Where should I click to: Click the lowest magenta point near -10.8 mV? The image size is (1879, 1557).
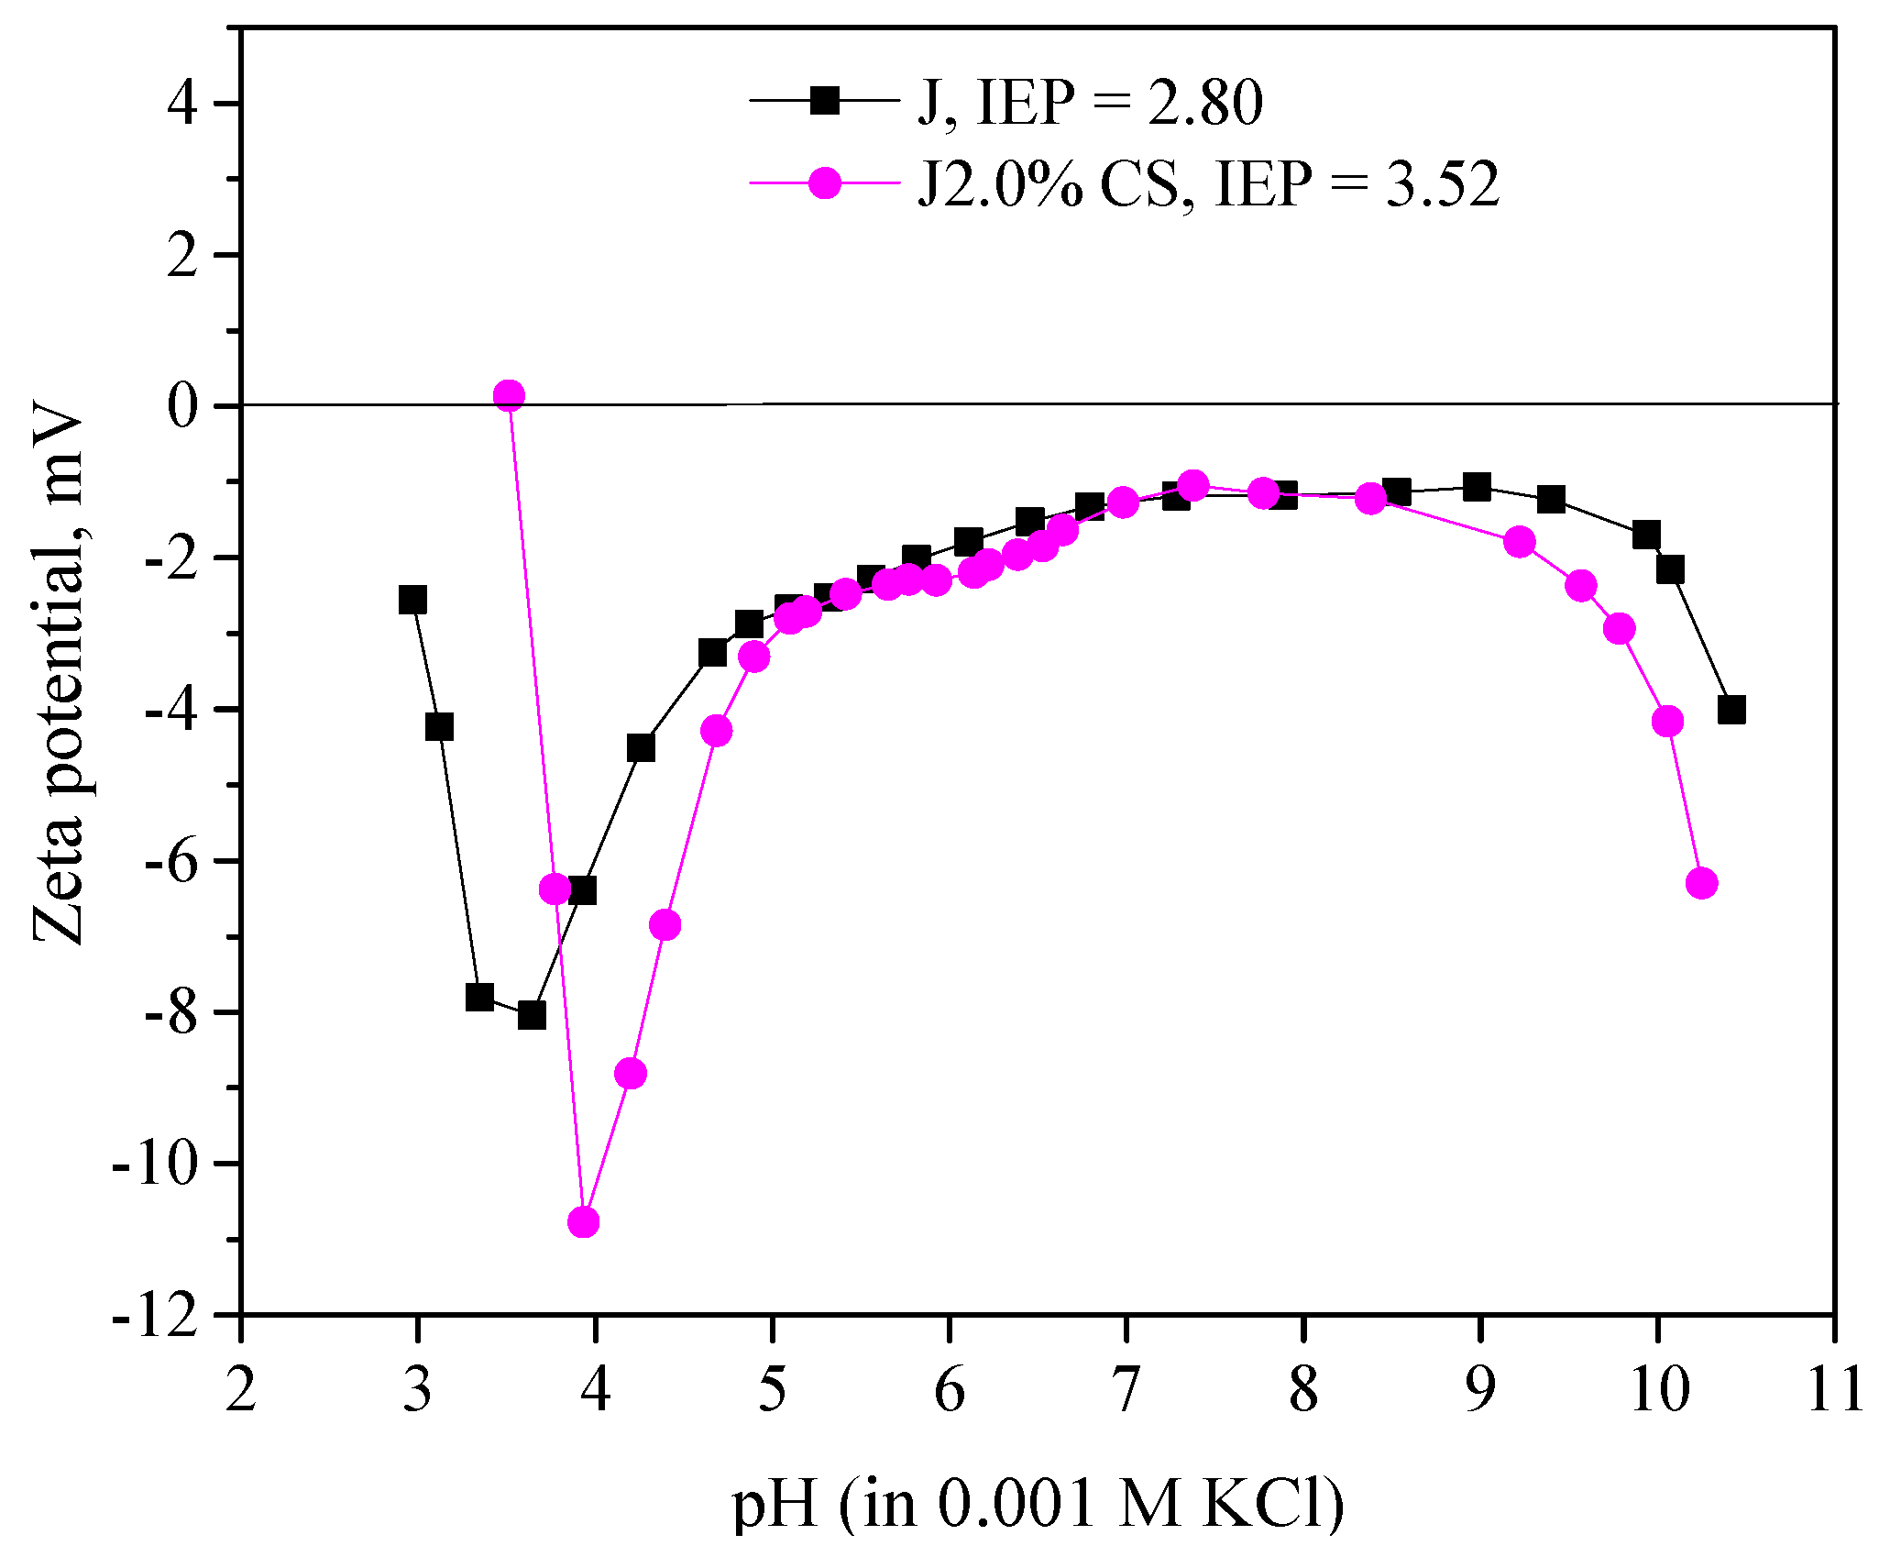[583, 1221]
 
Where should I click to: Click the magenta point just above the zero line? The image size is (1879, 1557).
[509, 395]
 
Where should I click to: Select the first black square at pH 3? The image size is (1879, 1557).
[412, 600]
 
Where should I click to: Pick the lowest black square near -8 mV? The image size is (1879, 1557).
[532, 1015]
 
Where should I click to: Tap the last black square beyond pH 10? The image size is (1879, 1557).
[1731, 709]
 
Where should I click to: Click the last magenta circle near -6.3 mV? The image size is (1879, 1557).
[1701, 883]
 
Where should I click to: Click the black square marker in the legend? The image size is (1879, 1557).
[825, 100]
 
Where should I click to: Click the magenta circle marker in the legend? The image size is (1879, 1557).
[825, 182]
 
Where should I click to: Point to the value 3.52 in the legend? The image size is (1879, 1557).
[1442, 183]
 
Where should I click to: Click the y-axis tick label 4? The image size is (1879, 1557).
[183, 104]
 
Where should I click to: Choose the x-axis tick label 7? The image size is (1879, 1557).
[1125, 1390]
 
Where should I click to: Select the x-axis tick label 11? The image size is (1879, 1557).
[1834, 1390]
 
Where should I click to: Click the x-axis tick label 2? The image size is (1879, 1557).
[240, 1390]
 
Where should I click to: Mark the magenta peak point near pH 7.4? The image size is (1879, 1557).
[1192, 485]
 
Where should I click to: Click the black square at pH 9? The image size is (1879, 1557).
[1477, 487]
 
